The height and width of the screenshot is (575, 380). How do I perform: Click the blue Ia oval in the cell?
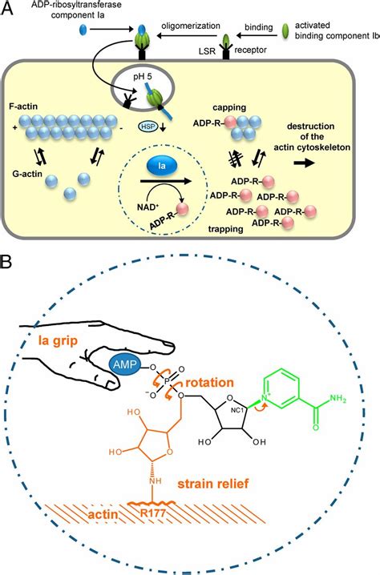point(162,166)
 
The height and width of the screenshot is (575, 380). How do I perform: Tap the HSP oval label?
point(148,127)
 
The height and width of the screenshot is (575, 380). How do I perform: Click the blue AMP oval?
point(125,365)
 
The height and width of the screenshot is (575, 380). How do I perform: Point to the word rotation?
point(210,383)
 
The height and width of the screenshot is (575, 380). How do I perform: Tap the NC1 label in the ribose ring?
point(237,410)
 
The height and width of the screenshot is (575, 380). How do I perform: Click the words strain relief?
point(213,484)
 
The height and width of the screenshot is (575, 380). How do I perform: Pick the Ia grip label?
point(58,341)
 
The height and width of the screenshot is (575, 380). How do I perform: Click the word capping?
point(229,108)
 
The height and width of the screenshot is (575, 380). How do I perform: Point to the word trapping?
point(226,229)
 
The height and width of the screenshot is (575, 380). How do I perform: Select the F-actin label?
point(24,107)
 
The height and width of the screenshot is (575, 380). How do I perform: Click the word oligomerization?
point(191,26)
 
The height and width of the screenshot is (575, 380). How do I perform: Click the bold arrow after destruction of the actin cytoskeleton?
point(305,163)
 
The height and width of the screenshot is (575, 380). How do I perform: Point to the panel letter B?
point(6,263)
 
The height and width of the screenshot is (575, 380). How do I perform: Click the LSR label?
point(207,50)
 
